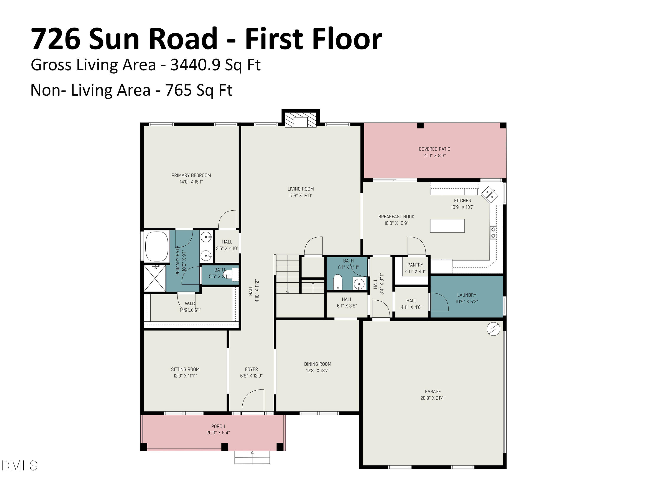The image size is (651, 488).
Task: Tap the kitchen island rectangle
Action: [447, 226]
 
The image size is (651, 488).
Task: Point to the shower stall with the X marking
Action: [155, 278]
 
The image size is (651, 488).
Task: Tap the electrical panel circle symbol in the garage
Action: [493, 329]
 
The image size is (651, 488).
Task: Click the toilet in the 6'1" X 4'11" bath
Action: [338, 282]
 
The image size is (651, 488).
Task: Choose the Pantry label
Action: [415, 265]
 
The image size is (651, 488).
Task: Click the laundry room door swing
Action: [439, 302]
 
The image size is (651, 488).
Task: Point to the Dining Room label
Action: [317, 364]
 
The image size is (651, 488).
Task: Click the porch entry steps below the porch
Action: [252, 457]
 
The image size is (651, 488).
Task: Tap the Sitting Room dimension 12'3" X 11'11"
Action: [185, 376]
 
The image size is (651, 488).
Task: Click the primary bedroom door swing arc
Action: [227, 219]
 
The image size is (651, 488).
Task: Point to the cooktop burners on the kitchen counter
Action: [493, 232]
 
